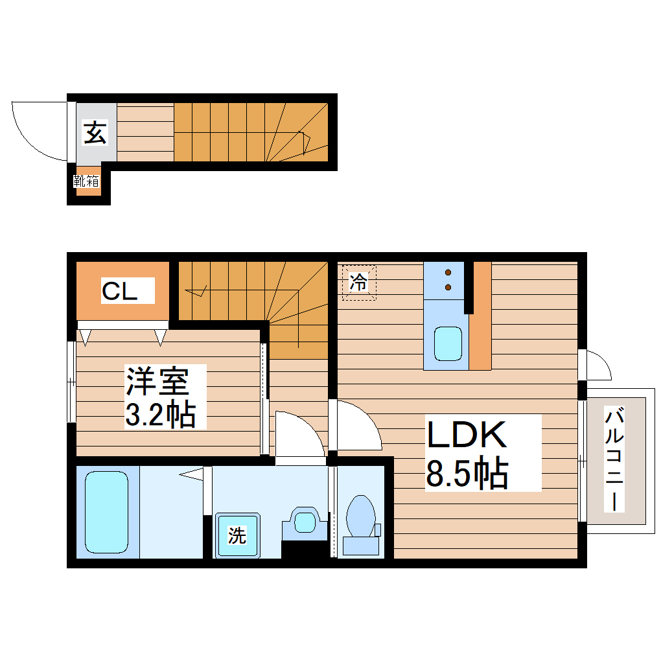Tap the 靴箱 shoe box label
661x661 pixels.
[86, 181]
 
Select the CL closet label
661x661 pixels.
[120, 292]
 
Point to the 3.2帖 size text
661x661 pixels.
[159, 414]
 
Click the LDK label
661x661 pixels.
[466, 435]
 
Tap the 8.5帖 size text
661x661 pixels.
[466, 474]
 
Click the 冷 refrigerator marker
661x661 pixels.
[358, 283]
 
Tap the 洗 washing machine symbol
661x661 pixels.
[237, 536]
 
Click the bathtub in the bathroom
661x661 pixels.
[106, 512]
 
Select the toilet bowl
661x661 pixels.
[360, 515]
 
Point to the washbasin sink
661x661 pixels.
[303, 520]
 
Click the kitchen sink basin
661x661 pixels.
[448, 343]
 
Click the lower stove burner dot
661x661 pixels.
[448, 286]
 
